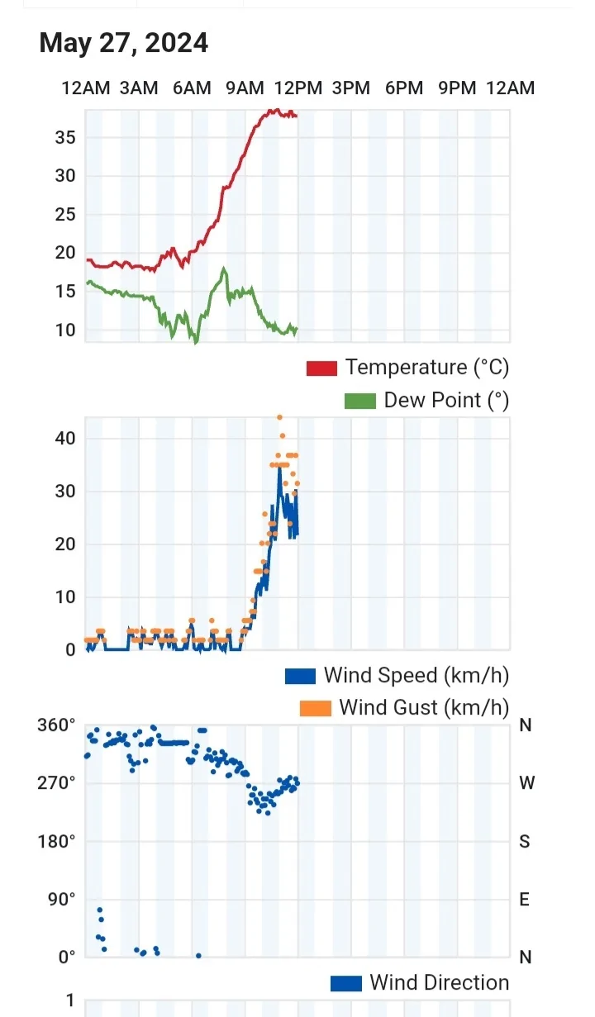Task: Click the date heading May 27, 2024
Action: (124, 43)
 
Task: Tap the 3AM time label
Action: (139, 88)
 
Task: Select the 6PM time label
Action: (404, 88)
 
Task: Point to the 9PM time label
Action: (457, 88)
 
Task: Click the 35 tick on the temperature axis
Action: (65, 137)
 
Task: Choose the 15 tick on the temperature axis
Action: (65, 292)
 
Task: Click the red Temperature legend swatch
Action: (321, 368)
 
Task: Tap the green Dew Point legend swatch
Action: (359, 401)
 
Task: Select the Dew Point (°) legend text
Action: (446, 401)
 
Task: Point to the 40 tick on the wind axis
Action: (65, 438)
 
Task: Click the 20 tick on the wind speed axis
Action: (65, 544)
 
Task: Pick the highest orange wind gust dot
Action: (279, 417)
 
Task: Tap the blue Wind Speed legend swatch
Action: (300, 676)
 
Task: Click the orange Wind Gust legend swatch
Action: (315, 708)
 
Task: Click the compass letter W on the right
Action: (526, 783)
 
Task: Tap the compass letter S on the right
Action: (525, 842)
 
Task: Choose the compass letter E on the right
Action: (525, 899)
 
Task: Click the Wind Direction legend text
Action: (439, 983)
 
